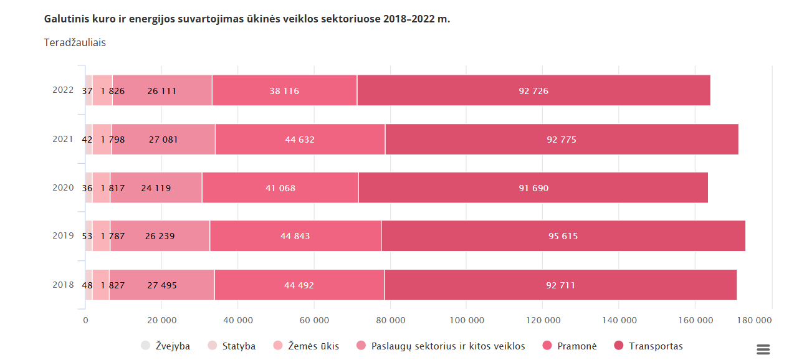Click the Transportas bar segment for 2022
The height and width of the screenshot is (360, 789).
point(533,90)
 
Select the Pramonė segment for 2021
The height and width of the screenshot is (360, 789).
point(300,140)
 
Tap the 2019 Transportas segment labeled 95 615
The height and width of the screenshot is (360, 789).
point(563,236)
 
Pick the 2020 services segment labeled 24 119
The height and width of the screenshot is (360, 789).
point(156,188)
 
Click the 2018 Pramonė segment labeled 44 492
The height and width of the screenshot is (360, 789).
point(299,285)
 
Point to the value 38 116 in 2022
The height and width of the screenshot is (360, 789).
point(284,91)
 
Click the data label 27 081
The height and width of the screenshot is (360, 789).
point(163,140)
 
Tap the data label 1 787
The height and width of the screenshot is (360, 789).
point(113,236)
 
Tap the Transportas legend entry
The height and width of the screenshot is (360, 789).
point(649,346)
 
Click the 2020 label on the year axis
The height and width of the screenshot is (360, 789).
point(63,187)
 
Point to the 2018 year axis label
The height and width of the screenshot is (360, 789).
point(63,285)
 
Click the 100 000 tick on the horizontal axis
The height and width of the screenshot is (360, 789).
point(467,320)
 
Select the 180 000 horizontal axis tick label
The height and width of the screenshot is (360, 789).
point(754,320)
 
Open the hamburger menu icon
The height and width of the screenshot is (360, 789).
point(763,349)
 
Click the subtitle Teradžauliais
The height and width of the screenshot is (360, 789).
point(75,42)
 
